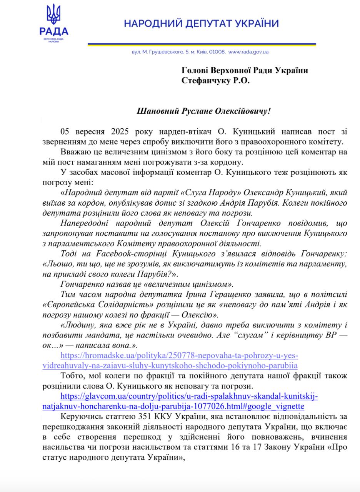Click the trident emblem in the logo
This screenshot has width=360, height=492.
53,15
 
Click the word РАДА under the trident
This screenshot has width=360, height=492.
53,32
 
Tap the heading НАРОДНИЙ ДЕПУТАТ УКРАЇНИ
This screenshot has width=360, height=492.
201,23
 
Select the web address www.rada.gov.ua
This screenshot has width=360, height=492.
248,52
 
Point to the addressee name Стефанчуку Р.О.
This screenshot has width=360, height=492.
215,80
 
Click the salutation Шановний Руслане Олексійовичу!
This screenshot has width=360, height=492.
204,111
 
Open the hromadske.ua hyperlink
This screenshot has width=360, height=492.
179,360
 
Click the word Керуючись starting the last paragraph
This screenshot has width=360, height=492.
79,417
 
